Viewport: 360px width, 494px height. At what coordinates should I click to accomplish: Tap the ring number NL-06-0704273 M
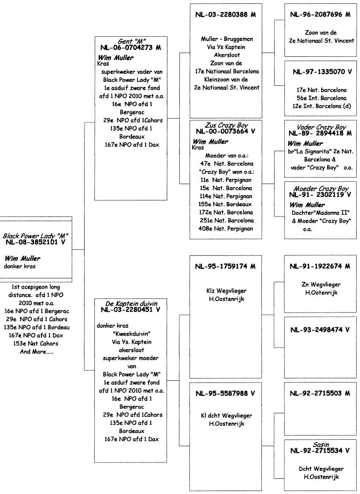(x=131, y=48)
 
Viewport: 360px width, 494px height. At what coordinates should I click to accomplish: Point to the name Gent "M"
(x=131, y=41)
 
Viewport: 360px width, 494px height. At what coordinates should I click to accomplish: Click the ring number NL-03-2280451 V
(x=131, y=310)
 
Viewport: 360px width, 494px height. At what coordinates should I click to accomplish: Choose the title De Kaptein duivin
(x=131, y=303)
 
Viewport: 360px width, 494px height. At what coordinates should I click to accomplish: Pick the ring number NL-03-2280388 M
(x=225, y=15)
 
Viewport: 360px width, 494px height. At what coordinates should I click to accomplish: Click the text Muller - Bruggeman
(x=225, y=39)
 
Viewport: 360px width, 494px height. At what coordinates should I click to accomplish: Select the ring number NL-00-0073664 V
(x=225, y=132)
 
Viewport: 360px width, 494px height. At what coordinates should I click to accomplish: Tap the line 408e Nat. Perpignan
(x=226, y=228)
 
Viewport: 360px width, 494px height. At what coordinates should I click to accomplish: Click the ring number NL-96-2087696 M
(x=320, y=15)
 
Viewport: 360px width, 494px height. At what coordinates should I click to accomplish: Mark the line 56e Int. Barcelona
(x=320, y=98)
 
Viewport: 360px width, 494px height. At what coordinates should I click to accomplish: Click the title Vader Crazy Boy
(x=320, y=127)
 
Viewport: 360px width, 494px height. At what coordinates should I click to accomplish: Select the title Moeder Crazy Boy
(x=321, y=188)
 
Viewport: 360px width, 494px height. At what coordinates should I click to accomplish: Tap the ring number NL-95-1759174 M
(x=225, y=266)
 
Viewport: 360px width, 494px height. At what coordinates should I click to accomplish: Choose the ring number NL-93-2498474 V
(x=320, y=330)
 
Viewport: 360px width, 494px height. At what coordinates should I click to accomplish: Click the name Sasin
(x=320, y=444)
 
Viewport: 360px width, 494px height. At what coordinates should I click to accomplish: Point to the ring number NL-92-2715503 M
(x=320, y=393)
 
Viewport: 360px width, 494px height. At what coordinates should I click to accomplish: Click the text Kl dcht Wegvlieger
(x=226, y=416)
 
